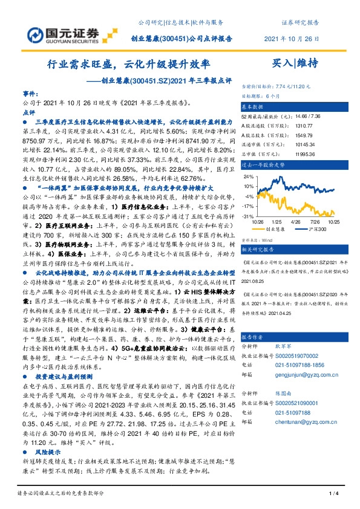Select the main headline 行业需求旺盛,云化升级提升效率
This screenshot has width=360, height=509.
click(129, 63)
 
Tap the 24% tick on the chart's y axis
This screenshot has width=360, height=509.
click(248, 177)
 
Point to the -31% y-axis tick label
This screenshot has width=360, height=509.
click(247, 216)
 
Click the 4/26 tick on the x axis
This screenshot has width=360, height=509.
click(296, 222)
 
